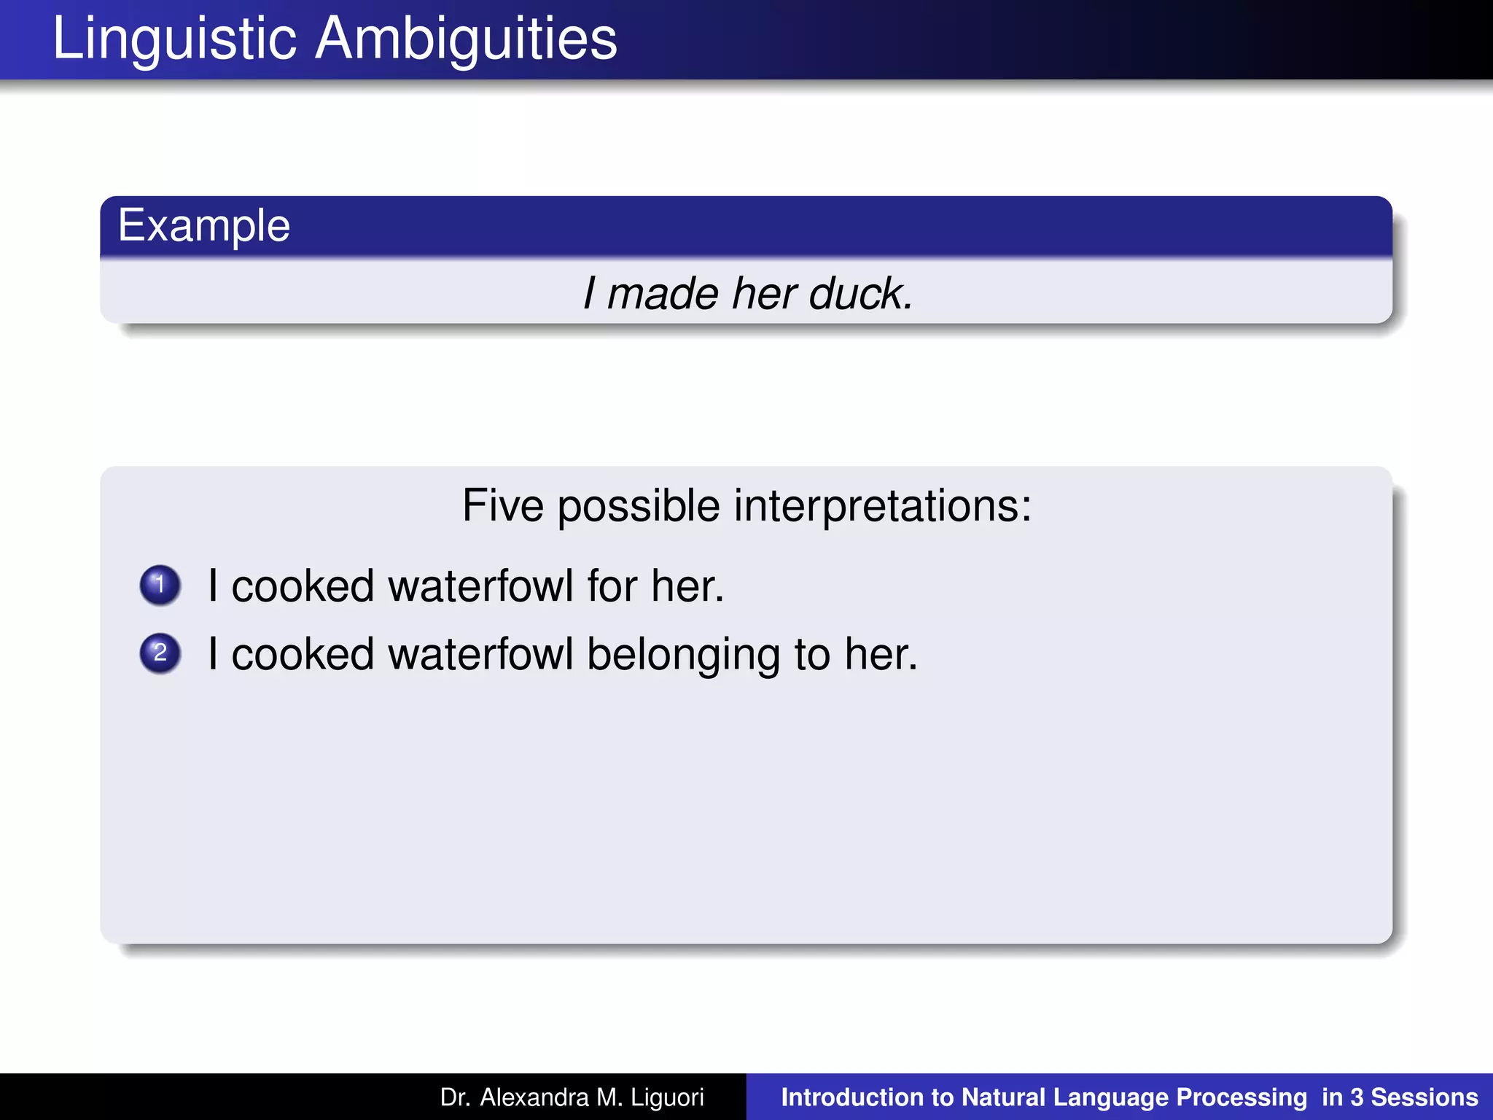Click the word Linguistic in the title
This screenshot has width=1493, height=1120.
[174, 39]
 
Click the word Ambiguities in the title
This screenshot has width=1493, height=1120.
[467, 39]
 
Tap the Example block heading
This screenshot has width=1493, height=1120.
[204, 225]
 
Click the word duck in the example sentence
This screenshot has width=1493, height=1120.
[860, 294]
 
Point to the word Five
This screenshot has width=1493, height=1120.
[503, 505]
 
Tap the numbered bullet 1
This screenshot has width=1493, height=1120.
[160, 585]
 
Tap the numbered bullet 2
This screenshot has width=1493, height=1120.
[160, 653]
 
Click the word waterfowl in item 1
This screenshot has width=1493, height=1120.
[481, 586]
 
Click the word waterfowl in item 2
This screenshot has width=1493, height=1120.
[481, 653]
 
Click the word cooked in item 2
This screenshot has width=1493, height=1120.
[303, 653]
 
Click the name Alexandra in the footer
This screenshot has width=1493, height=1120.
[534, 1097]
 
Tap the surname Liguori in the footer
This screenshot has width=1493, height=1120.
[667, 1097]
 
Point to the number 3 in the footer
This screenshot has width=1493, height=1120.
[1356, 1097]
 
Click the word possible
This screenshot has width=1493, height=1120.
[639, 505]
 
